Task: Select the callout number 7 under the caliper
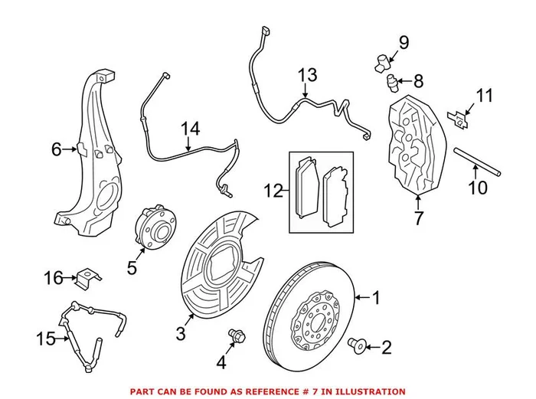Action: tap(418, 218)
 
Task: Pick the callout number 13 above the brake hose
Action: tap(307, 75)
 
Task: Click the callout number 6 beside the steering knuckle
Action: tap(56, 149)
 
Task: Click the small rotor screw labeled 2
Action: tap(357, 345)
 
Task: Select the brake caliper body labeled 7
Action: tap(413, 146)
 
